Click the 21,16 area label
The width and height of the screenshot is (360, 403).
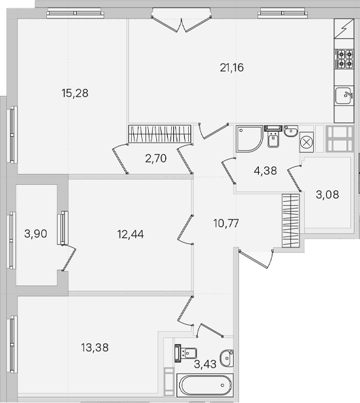232,68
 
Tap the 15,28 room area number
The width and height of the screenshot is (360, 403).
75,93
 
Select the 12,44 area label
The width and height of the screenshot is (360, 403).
130,234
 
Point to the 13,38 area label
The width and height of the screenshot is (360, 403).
95,348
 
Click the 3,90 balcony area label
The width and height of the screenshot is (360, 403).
36,234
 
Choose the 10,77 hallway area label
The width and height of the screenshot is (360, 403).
226,224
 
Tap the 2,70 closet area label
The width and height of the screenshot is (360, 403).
156,158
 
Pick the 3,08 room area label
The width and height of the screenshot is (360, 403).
327,195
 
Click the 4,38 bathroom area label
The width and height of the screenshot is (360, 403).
266,171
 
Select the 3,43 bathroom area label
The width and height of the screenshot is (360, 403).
205,364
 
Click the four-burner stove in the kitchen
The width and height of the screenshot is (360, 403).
344,58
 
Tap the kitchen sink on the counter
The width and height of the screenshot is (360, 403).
344,95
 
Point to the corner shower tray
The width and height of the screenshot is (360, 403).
249,139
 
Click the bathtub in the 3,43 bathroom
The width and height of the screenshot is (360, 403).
205,385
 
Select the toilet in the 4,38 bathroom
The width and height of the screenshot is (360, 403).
273,137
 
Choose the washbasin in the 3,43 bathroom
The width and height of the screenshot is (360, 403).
227,358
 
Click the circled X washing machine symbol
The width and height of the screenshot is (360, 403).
306,142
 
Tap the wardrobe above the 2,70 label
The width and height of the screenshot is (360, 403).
160,134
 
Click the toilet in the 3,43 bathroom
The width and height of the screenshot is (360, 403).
185,353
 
